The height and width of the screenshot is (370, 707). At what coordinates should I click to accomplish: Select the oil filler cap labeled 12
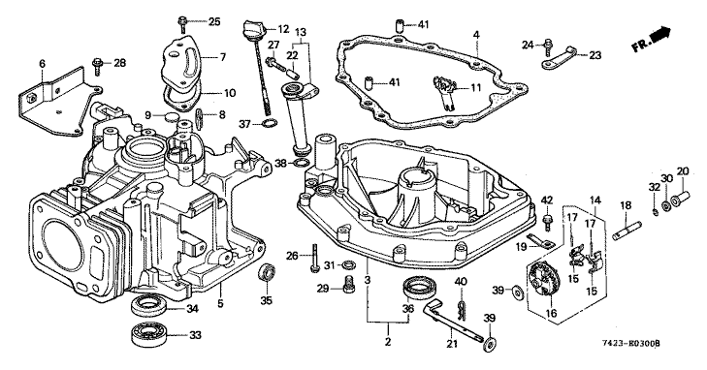click(252, 30)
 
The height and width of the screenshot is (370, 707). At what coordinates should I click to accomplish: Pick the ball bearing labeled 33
click(147, 335)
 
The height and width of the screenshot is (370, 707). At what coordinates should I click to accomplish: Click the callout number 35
click(267, 300)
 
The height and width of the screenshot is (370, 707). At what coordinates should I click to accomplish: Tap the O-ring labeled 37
click(269, 123)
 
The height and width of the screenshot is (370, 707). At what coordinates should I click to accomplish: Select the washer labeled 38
click(303, 163)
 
